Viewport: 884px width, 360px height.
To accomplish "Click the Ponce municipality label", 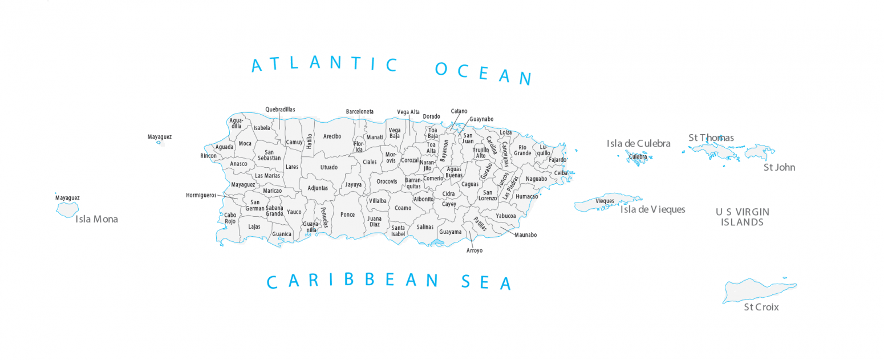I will click(x=347, y=215).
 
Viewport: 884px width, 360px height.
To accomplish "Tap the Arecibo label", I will click(x=332, y=136).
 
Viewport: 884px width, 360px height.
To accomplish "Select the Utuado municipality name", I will click(x=329, y=167).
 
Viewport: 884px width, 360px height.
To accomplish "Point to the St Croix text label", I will click(x=761, y=308).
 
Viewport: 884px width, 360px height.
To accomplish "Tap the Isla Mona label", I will click(x=96, y=219).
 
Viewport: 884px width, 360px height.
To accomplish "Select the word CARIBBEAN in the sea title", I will click(x=353, y=281).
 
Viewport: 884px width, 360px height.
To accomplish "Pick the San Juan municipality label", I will click(x=468, y=139).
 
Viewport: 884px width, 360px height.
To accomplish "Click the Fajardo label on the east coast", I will click(x=557, y=160).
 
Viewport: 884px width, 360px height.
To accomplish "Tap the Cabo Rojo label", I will click(x=230, y=219).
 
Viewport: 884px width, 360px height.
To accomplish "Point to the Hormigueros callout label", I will click(x=201, y=195).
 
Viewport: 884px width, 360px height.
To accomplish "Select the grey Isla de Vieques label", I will click(x=652, y=209).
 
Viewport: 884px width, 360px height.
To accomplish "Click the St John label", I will click(x=779, y=168).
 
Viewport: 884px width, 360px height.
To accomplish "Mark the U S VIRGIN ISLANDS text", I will click(x=742, y=217).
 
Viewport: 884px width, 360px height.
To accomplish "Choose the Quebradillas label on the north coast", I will click(x=280, y=110).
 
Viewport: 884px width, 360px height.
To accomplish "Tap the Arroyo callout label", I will click(x=474, y=250).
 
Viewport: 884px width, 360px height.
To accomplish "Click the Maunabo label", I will click(x=525, y=234).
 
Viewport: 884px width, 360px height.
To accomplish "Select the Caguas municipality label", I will click(x=470, y=184).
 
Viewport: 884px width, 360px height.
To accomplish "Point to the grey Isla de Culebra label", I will click(x=638, y=144).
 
